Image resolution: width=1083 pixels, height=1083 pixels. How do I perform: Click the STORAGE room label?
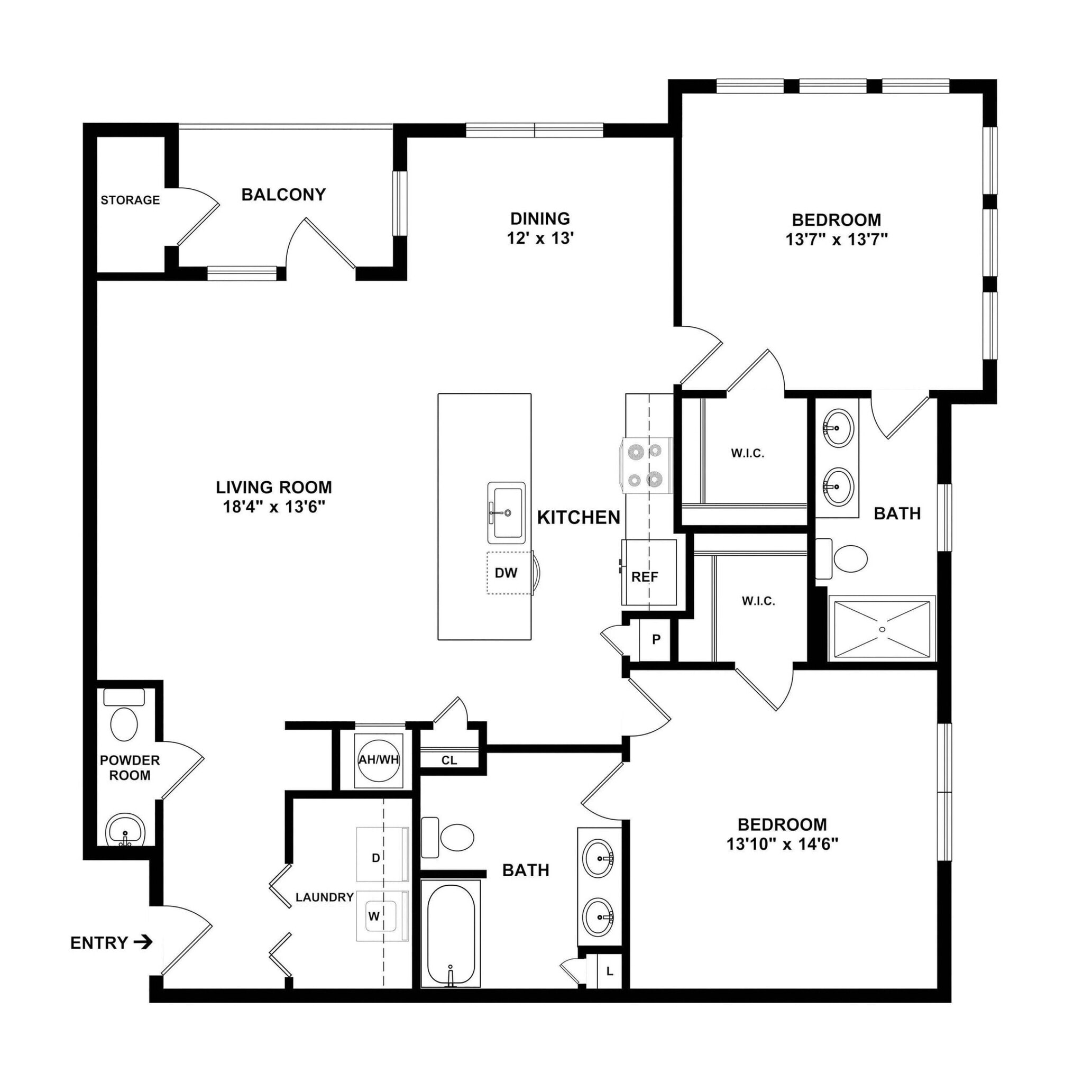(x=130, y=200)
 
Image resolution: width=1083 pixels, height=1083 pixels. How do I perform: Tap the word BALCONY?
(x=283, y=195)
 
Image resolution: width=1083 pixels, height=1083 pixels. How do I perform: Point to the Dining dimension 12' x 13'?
(x=540, y=238)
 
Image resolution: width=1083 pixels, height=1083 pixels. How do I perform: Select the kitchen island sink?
(x=506, y=512)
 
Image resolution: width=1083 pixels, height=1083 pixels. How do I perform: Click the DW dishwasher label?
(x=506, y=573)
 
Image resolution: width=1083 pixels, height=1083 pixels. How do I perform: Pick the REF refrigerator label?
(x=645, y=577)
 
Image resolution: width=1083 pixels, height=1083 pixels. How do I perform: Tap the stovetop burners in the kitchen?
(x=645, y=465)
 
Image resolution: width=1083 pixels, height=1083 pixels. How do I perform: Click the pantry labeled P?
(x=656, y=640)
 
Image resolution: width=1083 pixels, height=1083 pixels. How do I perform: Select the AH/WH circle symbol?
(x=379, y=760)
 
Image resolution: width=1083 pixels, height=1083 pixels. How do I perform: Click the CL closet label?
(x=449, y=760)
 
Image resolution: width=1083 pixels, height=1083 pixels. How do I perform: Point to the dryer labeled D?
(x=376, y=858)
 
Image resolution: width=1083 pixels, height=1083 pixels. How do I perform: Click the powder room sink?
(x=125, y=831)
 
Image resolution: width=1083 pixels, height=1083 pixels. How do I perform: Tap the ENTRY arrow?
(x=143, y=942)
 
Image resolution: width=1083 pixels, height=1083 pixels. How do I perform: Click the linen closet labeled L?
(x=609, y=971)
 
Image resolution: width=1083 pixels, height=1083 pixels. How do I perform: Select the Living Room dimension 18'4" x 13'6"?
(x=274, y=507)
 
